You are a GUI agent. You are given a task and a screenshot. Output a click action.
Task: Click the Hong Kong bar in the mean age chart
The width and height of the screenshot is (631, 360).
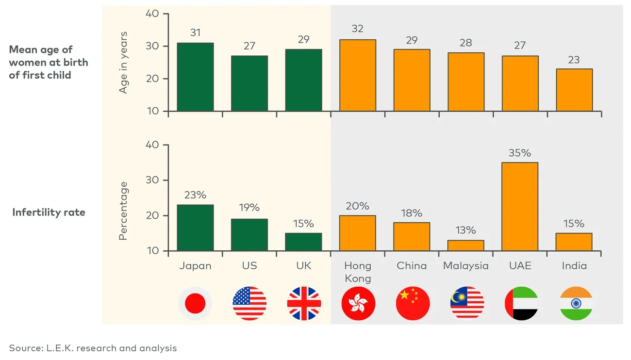[x=358, y=75]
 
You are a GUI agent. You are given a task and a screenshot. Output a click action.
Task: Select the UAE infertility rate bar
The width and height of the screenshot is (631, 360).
[x=520, y=206]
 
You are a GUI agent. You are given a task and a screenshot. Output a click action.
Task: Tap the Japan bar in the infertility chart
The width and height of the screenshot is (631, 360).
[x=195, y=228]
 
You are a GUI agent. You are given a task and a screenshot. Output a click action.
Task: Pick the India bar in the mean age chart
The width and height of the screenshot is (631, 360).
[x=574, y=90]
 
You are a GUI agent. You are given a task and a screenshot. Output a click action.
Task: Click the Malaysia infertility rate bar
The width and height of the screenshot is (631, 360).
[x=465, y=245]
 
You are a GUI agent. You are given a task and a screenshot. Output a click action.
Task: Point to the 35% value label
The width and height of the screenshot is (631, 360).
[x=520, y=153]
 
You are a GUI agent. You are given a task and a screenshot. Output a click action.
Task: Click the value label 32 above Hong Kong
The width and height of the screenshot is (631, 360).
[x=358, y=29]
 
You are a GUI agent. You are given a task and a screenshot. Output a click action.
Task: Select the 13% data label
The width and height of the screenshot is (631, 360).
[x=465, y=230]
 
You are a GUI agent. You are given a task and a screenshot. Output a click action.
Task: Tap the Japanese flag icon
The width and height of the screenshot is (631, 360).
[x=195, y=303]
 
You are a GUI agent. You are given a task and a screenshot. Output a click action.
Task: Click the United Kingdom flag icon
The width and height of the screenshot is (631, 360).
[x=304, y=303]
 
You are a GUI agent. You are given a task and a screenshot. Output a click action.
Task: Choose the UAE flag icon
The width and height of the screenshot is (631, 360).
[x=521, y=303]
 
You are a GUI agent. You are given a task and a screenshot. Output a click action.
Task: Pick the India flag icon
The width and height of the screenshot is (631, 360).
[x=576, y=303]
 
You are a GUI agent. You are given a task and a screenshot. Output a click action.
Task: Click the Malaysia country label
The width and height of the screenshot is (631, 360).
[x=466, y=266]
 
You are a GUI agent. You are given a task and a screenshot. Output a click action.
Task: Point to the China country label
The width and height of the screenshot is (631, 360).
[x=412, y=266]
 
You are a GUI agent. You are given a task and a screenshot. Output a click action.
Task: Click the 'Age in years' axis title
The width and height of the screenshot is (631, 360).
[x=124, y=62]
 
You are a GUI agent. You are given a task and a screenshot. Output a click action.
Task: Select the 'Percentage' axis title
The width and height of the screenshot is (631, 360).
[x=123, y=211]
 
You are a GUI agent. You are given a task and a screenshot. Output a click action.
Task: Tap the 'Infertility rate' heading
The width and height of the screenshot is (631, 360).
[x=49, y=213]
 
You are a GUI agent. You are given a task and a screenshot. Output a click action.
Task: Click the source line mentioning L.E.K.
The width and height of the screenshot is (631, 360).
[x=93, y=348]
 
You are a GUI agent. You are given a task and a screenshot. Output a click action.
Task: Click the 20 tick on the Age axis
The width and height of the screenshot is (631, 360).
[x=153, y=79]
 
